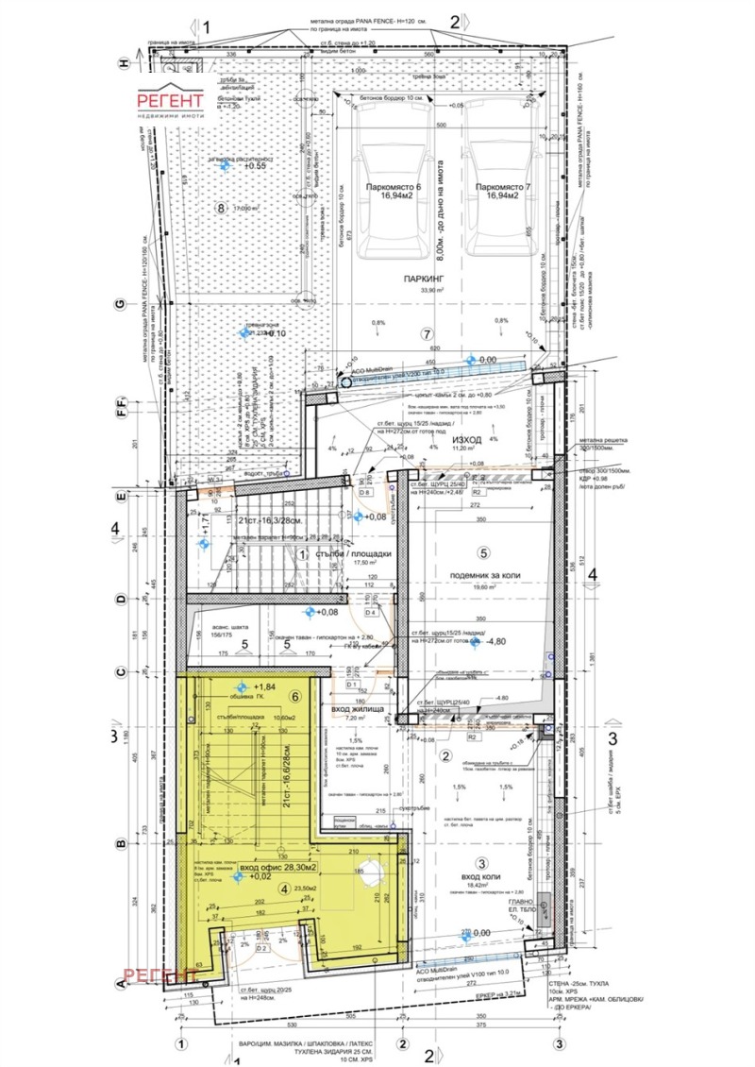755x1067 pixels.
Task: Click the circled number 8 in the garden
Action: (x=222, y=209)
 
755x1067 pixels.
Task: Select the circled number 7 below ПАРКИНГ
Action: (x=427, y=334)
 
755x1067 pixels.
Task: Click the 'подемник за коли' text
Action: (x=481, y=573)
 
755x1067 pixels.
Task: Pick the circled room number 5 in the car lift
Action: (x=481, y=552)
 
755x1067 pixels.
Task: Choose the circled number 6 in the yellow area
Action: (x=294, y=698)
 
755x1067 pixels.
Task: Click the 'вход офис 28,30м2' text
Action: (x=278, y=866)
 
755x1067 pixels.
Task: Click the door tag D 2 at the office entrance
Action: (x=236, y=947)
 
